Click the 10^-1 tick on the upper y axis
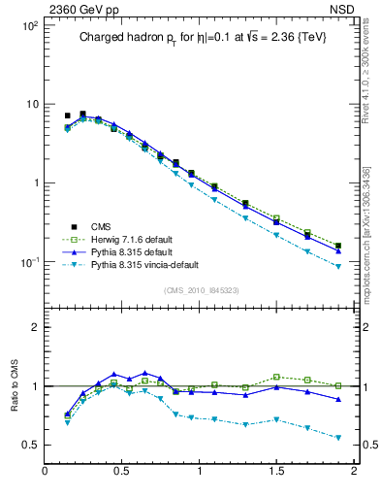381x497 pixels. [29, 262]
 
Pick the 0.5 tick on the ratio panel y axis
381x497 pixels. [31, 445]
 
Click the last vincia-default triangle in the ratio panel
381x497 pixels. [338, 438]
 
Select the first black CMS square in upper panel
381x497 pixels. [67, 116]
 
